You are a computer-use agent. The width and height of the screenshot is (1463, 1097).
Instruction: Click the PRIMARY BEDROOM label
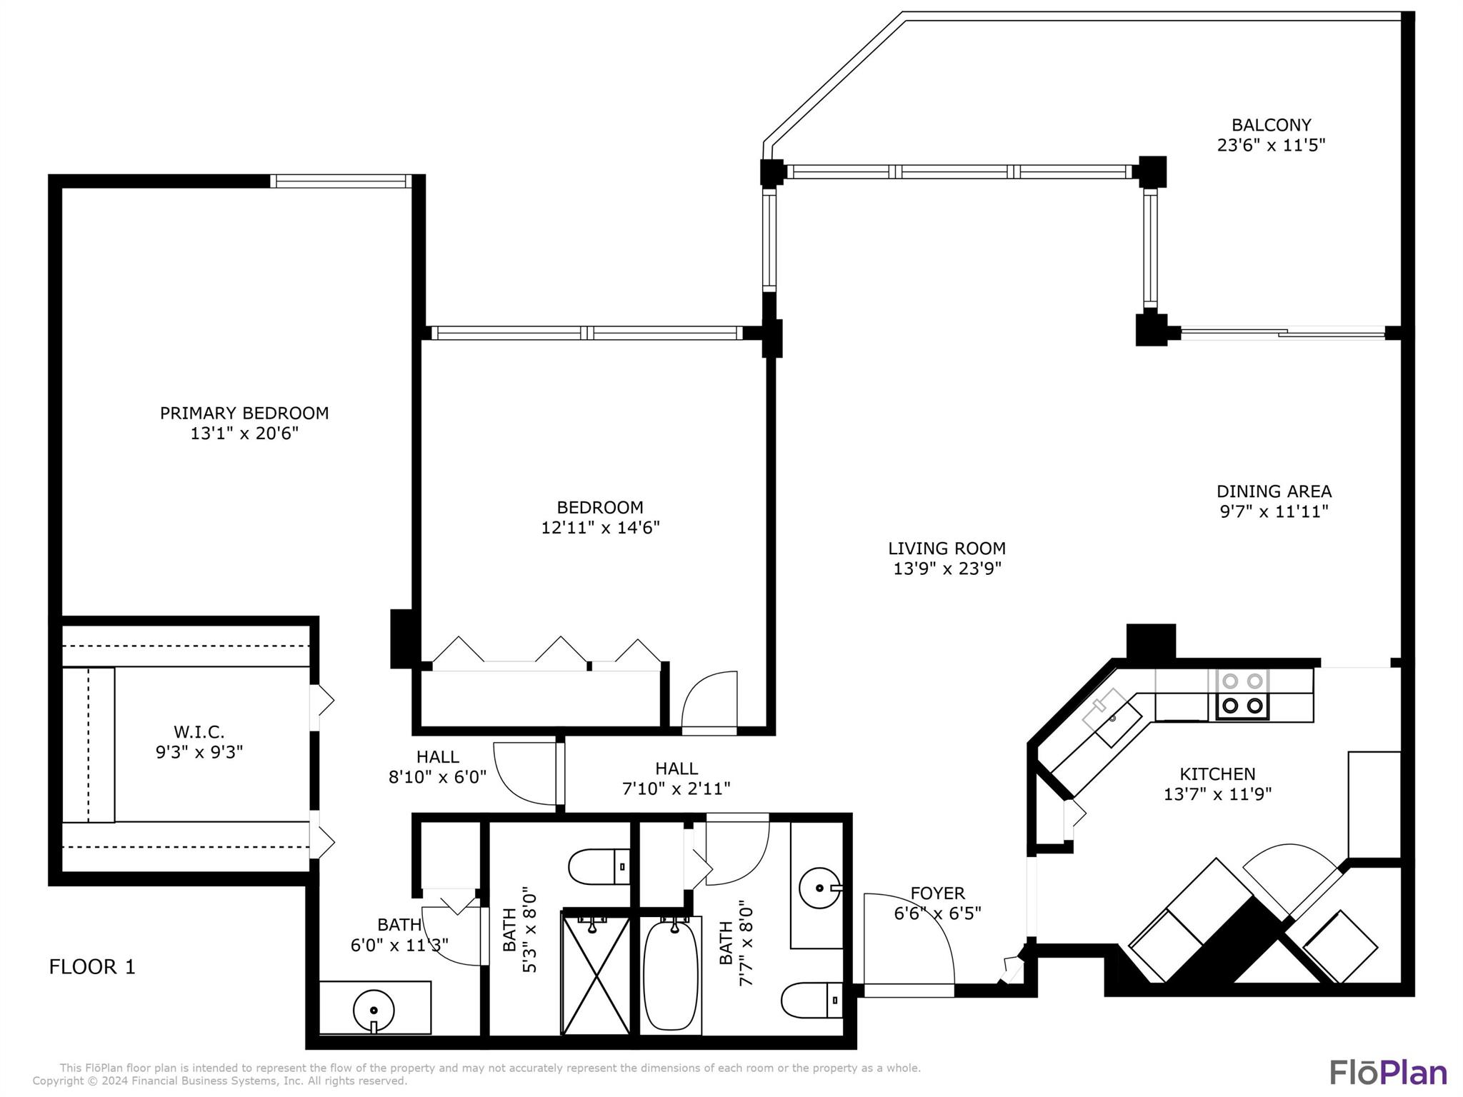pyautogui.click(x=244, y=413)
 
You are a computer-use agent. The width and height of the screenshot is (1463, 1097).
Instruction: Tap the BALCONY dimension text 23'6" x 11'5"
pyautogui.click(x=1271, y=145)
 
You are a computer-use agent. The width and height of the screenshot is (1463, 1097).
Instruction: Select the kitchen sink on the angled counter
pyautogui.click(x=1112, y=718)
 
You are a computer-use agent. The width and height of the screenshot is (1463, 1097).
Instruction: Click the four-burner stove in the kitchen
pyautogui.click(x=1242, y=694)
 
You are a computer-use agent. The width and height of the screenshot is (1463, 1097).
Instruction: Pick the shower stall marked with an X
pyautogui.click(x=596, y=976)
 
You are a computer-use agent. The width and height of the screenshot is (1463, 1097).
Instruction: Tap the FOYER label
pyautogui.click(x=937, y=893)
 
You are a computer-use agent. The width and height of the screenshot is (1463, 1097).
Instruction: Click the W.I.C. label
pyautogui.click(x=199, y=732)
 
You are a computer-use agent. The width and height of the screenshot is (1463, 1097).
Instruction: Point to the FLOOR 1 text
pyautogui.click(x=92, y=967)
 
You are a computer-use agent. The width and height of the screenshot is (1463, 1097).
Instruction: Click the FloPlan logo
pyautogui.click(x=1387, y=1073)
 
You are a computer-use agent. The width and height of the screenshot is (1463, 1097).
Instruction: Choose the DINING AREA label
pyautogui.click(x=1274, y=491)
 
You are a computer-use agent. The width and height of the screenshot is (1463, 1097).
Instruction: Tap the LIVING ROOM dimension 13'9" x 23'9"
pyautogui.click(x=947, y=568)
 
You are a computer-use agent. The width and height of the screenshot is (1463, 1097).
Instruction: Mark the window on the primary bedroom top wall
pyautogui.click(x=341, y=181)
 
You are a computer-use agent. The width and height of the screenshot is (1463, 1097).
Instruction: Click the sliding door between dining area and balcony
pyautogui.click(x=1282, y=332)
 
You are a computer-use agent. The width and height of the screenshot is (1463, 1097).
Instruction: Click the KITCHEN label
pyautogui.click(x=1217, y=773)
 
